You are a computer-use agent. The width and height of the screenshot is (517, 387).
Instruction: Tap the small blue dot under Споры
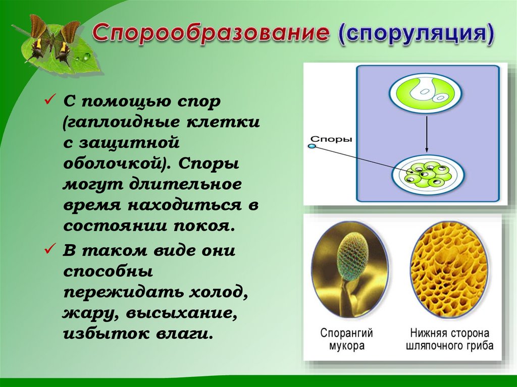311,146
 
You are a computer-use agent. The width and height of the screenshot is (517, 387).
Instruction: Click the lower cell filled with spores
427,173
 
